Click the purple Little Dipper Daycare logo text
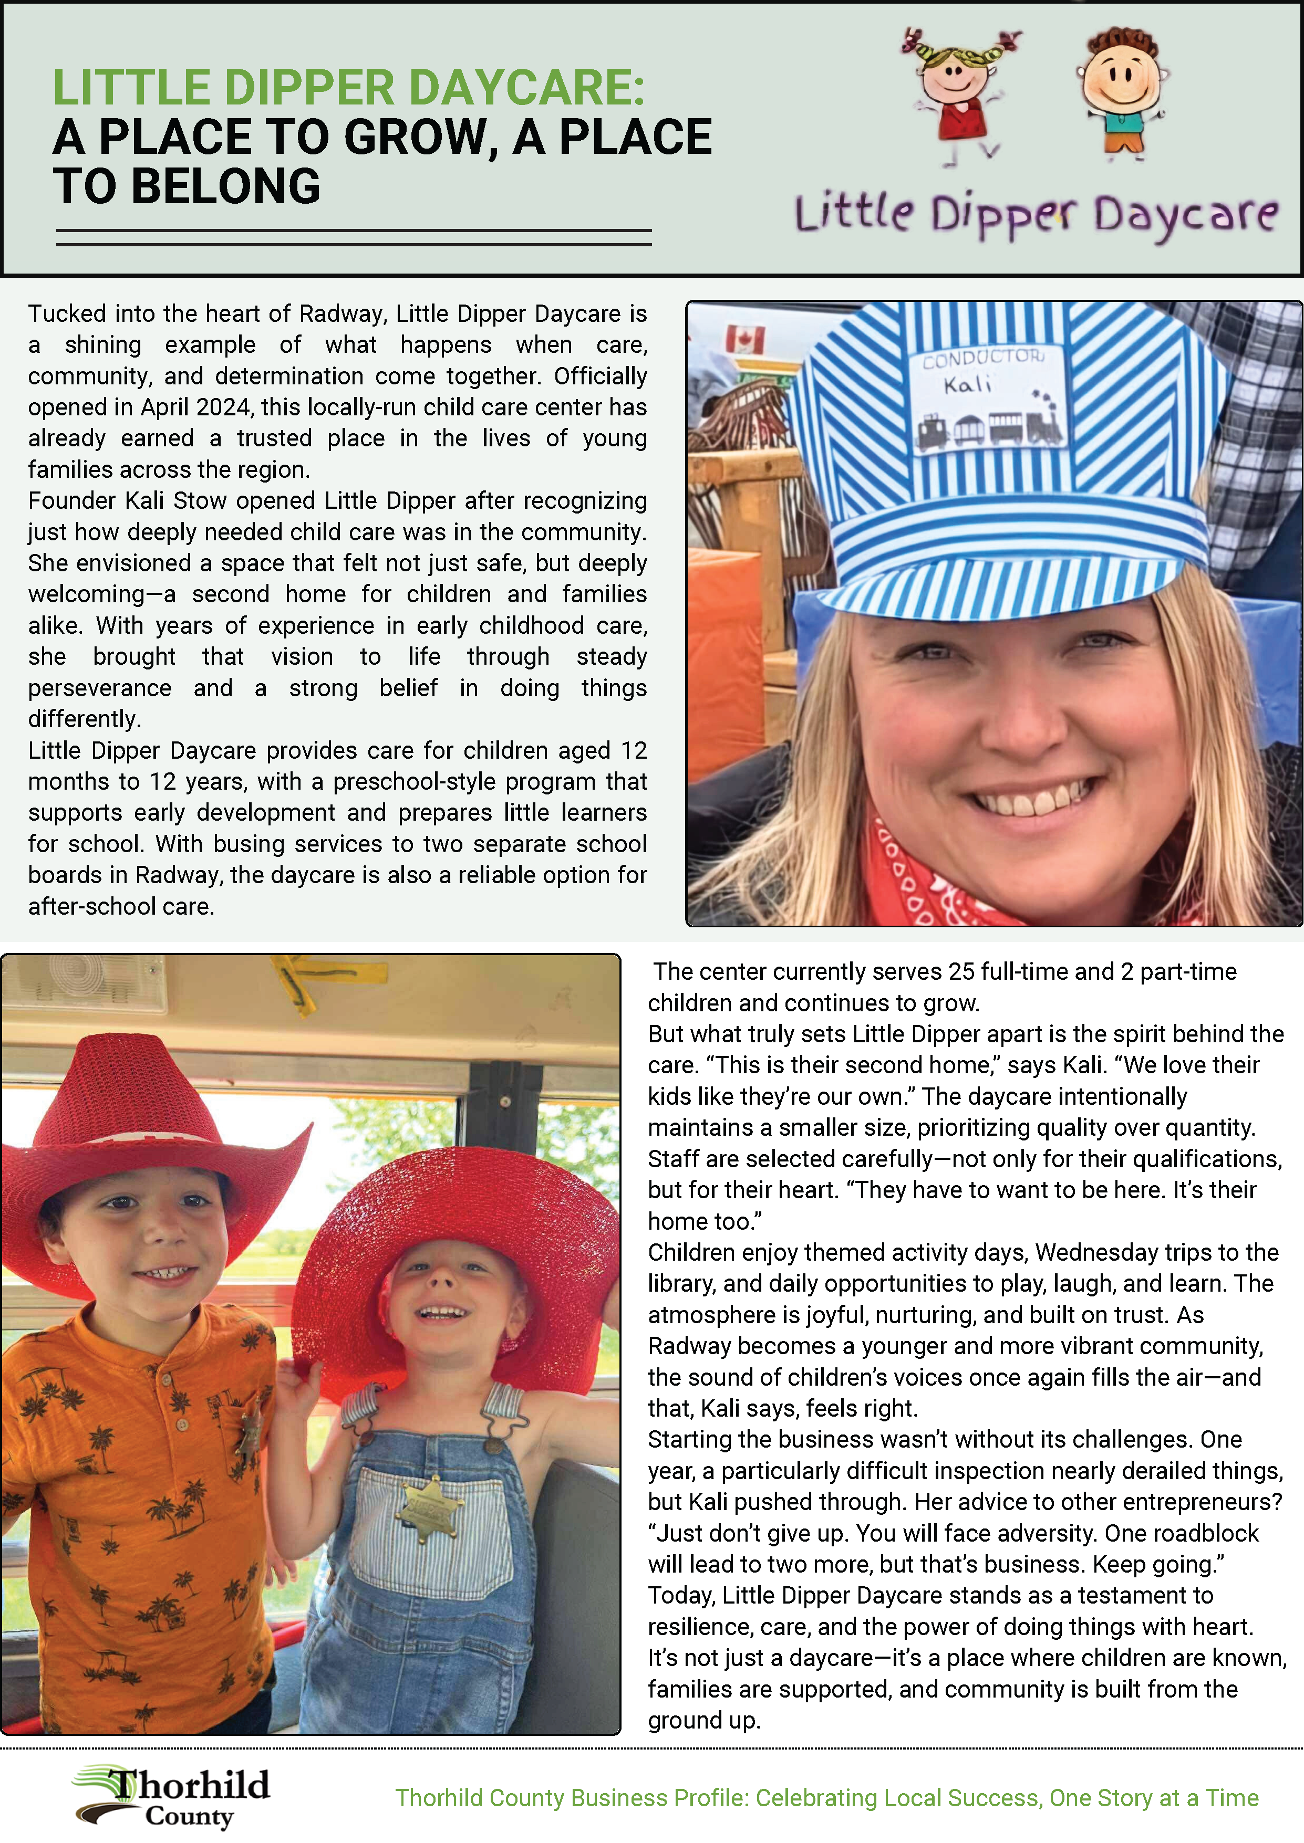(x=1036, y=215)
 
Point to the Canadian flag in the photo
(x=744, y=340)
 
